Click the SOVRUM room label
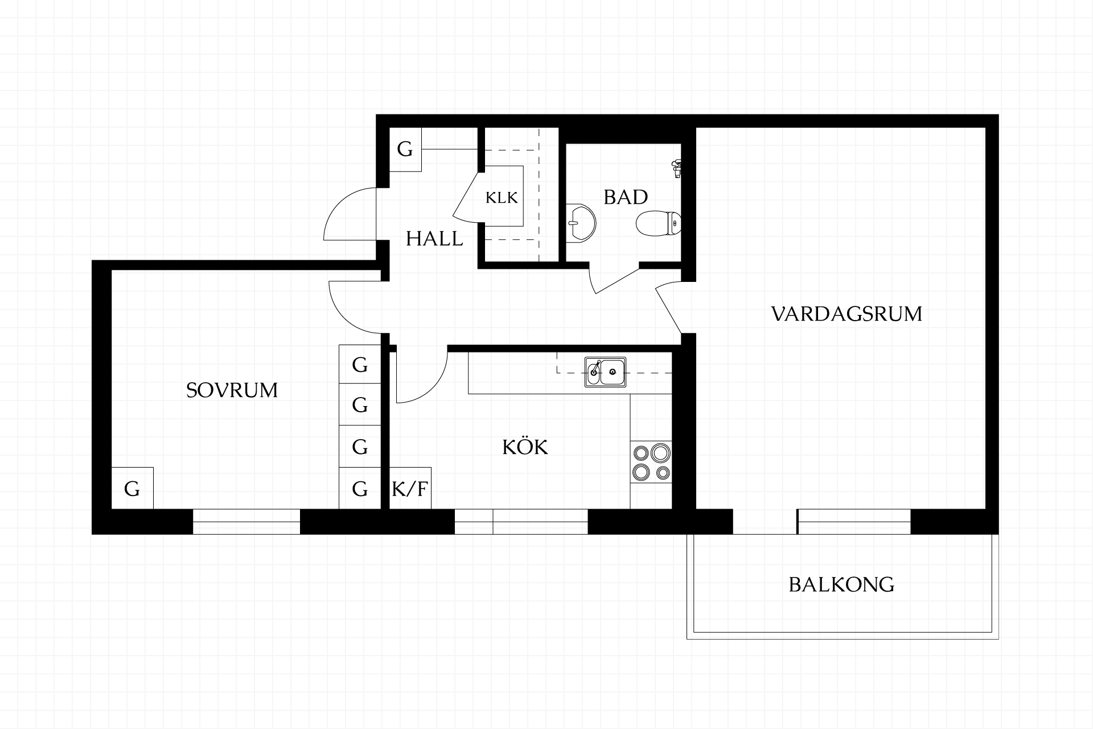(x=232, y=390)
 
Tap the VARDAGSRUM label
(x=847, y=314)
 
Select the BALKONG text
(x=841, y=585)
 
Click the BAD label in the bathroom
(x=626, y=197)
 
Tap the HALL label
(x=434, y=239)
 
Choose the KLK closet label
(x=502, y=198)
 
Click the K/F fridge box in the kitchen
(x=410, y=488)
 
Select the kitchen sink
(x=605, y=372)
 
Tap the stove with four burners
(x=651, y=462)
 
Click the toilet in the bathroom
(x=658, y=223)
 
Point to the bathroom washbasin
(x=581, y=223)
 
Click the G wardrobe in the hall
(x=405, y=149)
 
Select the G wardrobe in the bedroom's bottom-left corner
(x=132, y=488)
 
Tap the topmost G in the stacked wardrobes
(x=360, y=364)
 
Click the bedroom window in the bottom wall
(x=246, y=522)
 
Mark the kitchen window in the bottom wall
(x=521, y=522)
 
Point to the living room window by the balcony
(x=854, y=522)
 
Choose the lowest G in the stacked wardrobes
(x=360, y=488)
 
